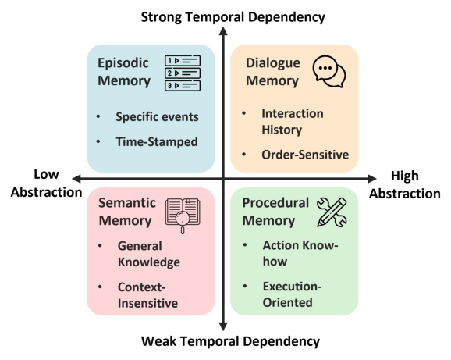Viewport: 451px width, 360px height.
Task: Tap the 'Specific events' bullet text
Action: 157,117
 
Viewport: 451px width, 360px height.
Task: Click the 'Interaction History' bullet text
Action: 293,121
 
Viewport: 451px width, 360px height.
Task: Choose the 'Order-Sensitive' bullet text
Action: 305,155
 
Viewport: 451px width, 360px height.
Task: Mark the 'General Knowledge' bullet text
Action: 149,253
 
